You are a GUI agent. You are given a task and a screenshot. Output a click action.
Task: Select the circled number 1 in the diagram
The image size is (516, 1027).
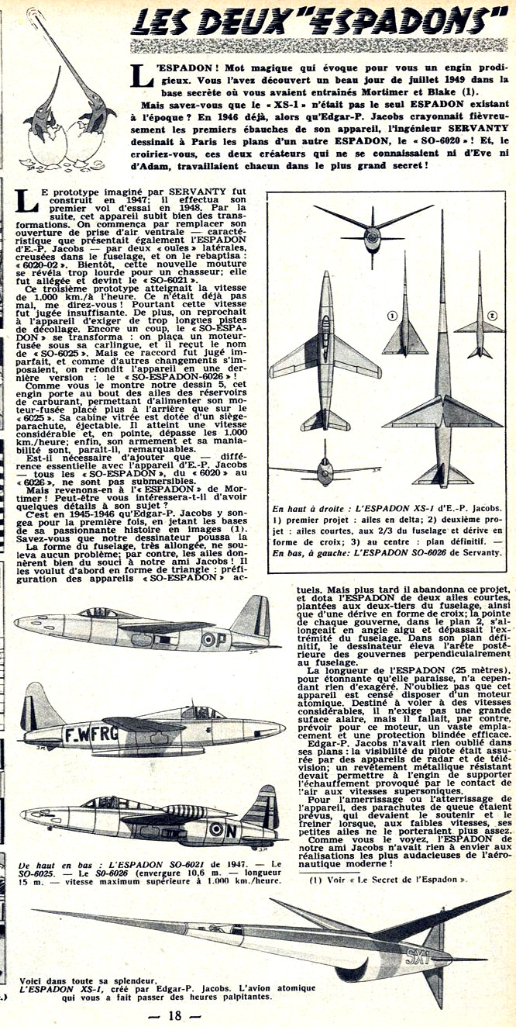[x=372, y=316]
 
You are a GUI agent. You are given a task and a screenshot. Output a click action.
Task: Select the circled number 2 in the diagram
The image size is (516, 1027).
[x=492, y=316]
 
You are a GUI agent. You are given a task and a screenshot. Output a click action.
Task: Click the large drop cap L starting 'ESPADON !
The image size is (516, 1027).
[x=140, y=74]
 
